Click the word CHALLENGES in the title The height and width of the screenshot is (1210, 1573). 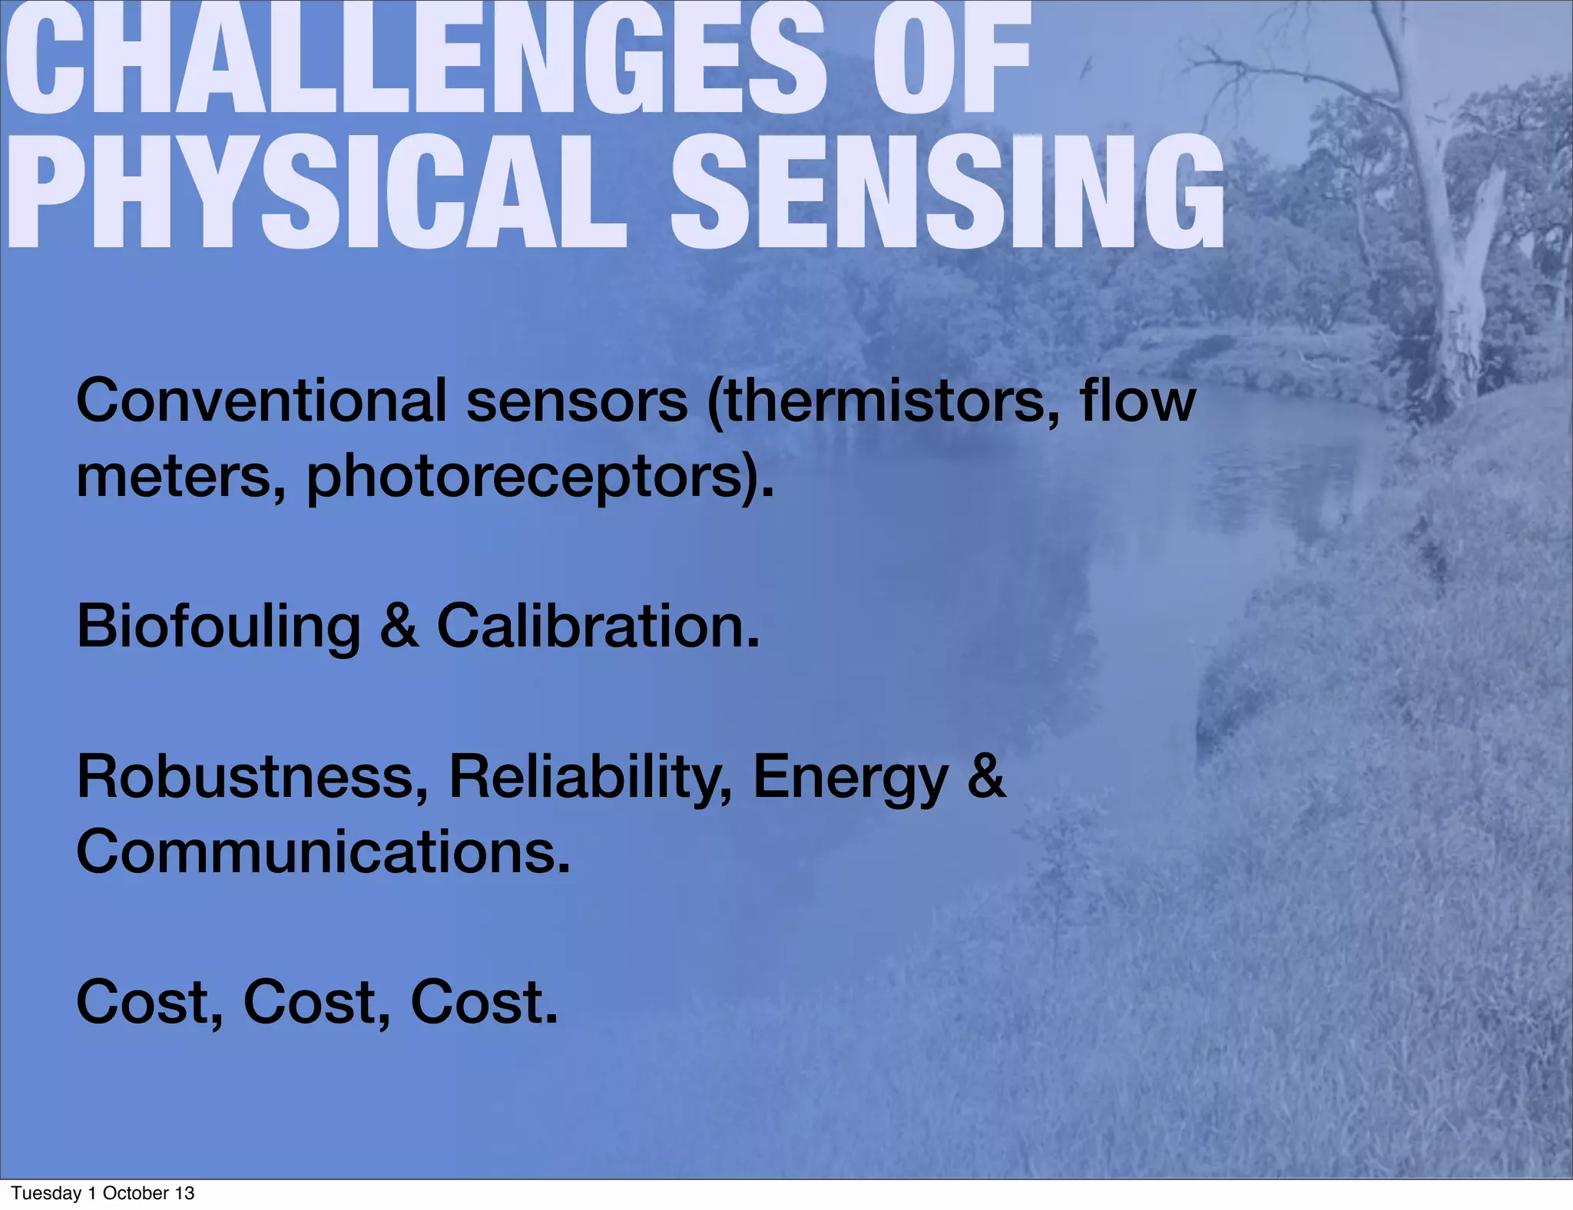pyautogui.click(x=415, y=61)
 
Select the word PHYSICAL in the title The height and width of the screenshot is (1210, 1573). pyautogui.click(x=315, y=192)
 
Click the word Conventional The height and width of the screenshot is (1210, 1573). pyautogui.click(x=261, y=401)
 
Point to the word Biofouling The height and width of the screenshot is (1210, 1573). pyautogui.click(x=218, y=626)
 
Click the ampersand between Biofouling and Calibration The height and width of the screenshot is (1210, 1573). pyautogui.click(x=399, y=626)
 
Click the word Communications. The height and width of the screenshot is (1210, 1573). pyautogui.click(x=323, y=852)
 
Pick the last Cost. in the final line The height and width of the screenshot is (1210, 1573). pyautogui.click(x=484, y=1003)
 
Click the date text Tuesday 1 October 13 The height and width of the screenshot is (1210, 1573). pyautogui.click(x=103, y=1193)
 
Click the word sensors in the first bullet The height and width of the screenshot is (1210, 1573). pyautogui.click(x=576, y=401)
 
